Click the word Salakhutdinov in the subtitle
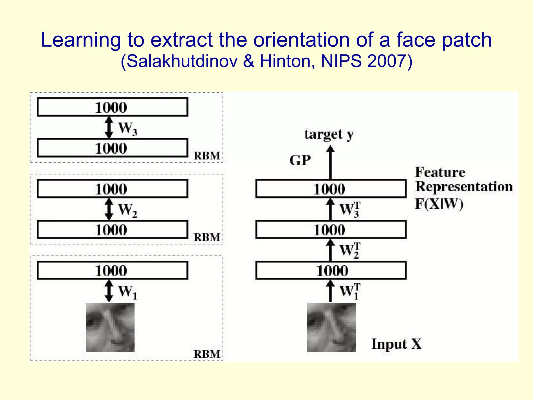click(182, 62)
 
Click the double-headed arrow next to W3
click(109, 127)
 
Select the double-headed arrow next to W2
click(109, 209)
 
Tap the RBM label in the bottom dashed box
click(207, 354)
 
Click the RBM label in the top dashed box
click(207, 156)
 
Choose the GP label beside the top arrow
click(300, 160)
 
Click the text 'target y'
click(329, 134)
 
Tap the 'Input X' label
click(396, 344)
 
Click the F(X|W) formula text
click(439, 204)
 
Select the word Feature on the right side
click(440, 172)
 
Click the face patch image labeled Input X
click(331, 327)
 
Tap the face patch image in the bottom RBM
click(110, 327)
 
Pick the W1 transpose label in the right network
click(350, 291)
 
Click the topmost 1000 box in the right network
click(331, 189)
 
